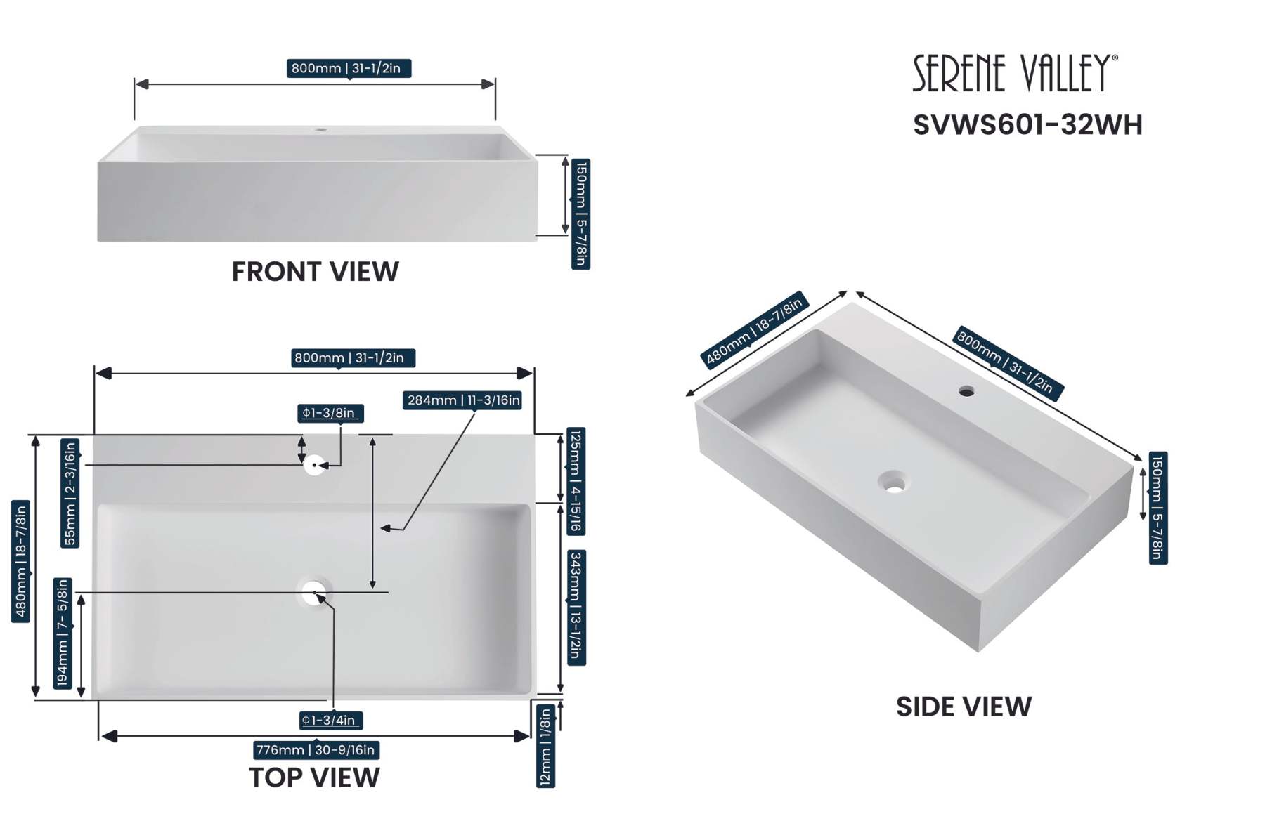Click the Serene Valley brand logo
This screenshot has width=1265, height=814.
(x=1014, y=73)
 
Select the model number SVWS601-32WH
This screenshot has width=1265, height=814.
(x=1027, y=125)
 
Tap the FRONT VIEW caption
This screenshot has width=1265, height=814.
(x=315, y=272)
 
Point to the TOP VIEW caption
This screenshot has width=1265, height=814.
(x=314, y=777)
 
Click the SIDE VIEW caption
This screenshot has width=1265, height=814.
(x=964, y=707)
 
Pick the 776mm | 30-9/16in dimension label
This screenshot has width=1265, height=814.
(x=316, y=750)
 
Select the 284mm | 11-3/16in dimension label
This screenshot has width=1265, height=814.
(x=462, y=400)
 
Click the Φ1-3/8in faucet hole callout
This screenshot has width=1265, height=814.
(x=330, y=413)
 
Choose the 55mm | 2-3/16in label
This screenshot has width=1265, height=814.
(x=70, y=492)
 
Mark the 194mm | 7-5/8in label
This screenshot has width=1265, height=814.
(x=63, y=633)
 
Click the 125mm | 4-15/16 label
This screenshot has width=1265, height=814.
(x=576, y=481)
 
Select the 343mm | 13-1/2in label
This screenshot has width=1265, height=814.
(x=576, y=608)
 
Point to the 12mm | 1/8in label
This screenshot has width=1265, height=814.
(x=545, y=747)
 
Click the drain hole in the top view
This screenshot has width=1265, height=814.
(x=314, y=593)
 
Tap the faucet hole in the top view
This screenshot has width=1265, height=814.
(x=314, y=465)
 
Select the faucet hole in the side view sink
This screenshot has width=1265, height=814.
(x=966, y=391)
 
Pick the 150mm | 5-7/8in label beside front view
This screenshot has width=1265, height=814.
(x=580, y=214)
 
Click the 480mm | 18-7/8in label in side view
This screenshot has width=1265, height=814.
(x=754, y=329)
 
